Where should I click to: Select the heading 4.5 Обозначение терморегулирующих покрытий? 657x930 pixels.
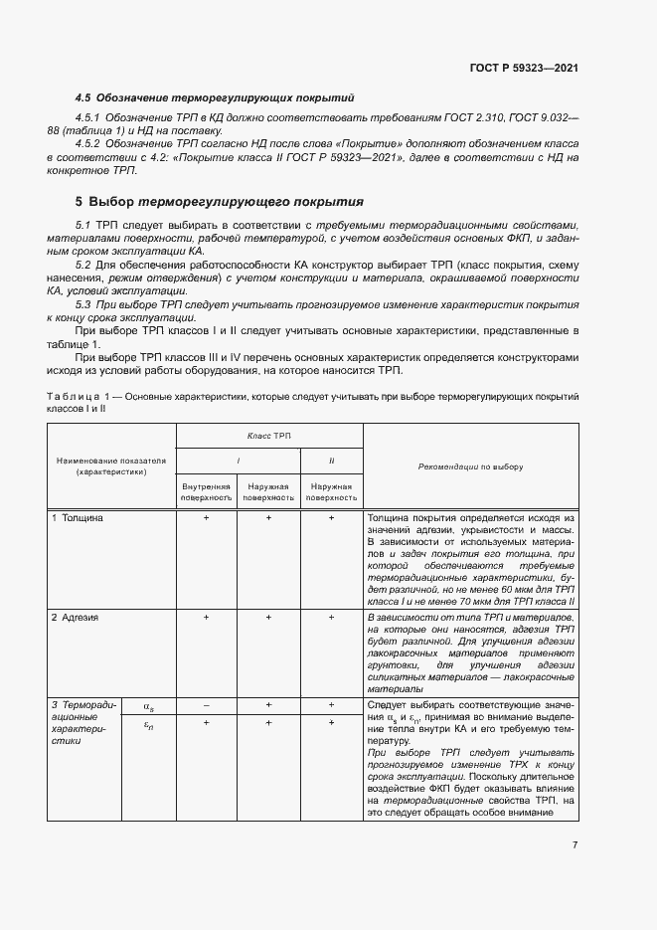[215, 97]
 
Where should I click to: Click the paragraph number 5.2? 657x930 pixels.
[83, 265]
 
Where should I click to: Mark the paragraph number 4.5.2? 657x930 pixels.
[91, 144]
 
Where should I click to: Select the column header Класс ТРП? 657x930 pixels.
[269, 436]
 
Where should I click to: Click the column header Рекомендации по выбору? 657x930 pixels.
[471, 465]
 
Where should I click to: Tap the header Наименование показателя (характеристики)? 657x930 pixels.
[111, 466]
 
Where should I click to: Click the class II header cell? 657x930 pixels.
[331, 461]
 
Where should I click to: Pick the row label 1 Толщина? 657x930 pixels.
[77, 518]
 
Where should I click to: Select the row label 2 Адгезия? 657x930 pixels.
[76, 618]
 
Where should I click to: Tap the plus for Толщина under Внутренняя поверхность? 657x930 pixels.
[206, 518]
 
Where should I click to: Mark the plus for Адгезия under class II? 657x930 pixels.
[331, 618]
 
